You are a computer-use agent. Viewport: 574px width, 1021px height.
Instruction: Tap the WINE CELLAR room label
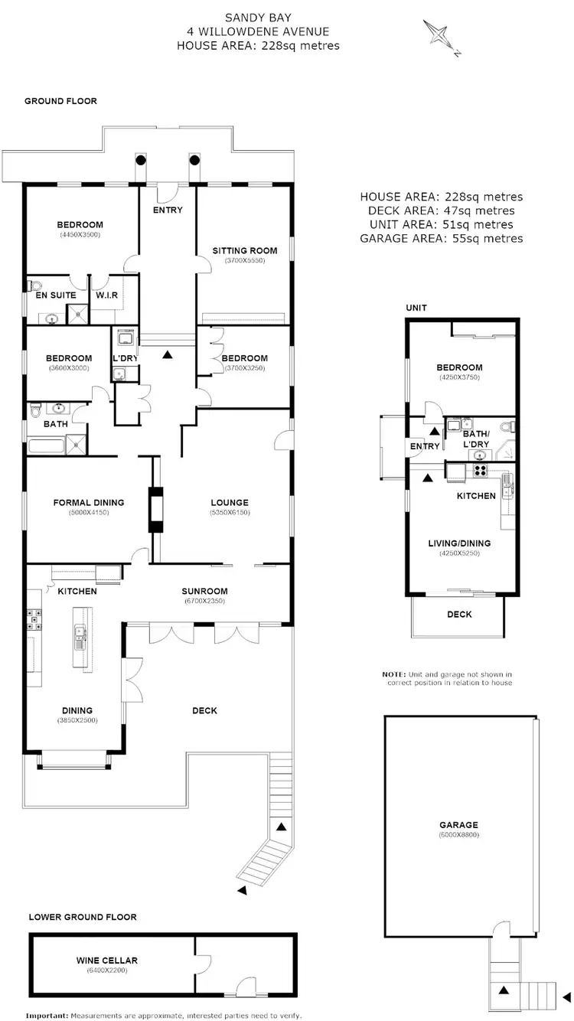pos(106,960)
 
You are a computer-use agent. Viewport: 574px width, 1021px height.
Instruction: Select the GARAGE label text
pos(458,825)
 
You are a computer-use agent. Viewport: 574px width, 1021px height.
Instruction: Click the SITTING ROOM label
pos(244,250)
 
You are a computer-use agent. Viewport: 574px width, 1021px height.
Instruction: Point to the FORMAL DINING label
pos(88,503)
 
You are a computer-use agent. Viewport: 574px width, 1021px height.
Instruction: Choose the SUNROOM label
pos(204,591)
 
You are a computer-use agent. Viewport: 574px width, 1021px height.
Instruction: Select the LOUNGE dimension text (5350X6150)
pos(230,513)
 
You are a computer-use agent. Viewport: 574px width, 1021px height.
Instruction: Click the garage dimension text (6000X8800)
pos(458,835)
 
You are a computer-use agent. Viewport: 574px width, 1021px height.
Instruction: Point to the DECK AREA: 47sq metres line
pos(442,210)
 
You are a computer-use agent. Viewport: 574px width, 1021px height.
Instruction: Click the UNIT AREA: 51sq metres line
pos(442,224)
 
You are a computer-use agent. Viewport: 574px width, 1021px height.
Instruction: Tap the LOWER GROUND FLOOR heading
pos(82,916)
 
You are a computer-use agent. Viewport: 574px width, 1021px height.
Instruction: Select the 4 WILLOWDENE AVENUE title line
pos(257,31)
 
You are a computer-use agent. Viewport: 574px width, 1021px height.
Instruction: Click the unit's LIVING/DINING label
pos(459,543)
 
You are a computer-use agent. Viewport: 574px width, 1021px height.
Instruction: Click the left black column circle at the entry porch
pos(141,161)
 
